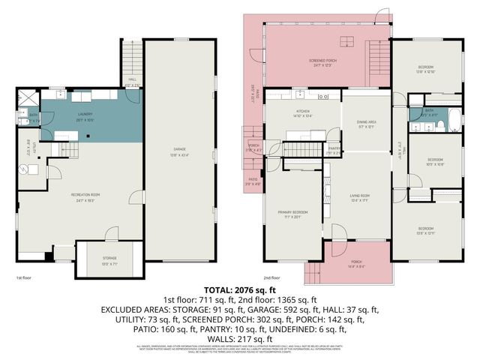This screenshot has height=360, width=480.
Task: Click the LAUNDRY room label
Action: coord(84,115)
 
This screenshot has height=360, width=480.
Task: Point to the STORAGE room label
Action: coord(109,258)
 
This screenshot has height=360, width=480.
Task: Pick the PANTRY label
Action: coord(334,150)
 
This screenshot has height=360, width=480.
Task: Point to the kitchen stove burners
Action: coord(324,97)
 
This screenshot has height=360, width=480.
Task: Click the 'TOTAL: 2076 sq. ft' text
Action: coord(239,289)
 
